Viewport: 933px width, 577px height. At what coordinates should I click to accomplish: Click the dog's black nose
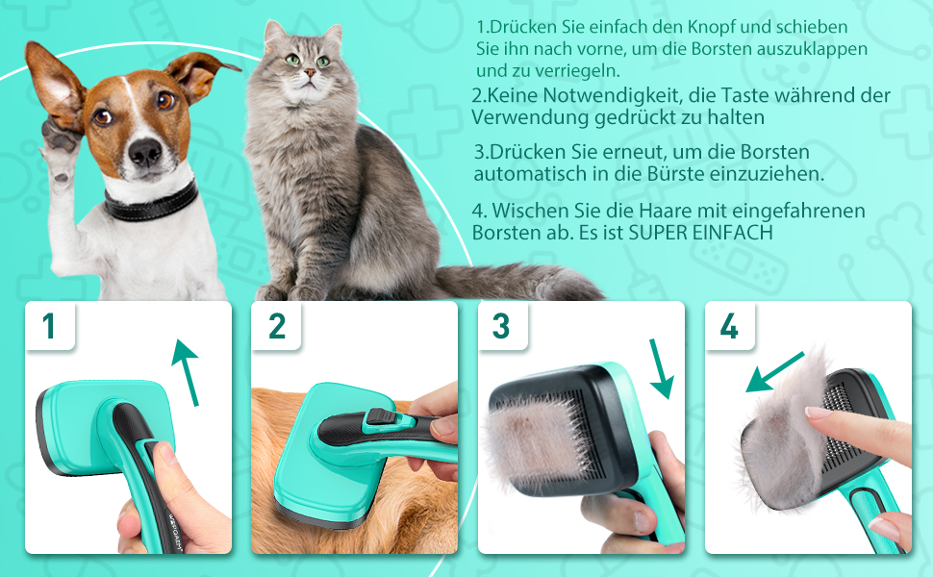tap(145, 152)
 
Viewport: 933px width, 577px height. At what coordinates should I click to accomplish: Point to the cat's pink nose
tap(310, 73)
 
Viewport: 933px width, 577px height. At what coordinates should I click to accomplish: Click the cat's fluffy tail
tap(517, 282)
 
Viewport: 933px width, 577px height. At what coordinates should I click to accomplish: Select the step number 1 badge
tap(49, 326)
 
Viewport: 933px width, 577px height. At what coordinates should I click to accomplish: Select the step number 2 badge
tap(277, 326)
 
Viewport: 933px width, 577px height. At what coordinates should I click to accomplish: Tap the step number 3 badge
tap(503, 326)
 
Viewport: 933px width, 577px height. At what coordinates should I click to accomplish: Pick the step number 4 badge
tap(729, 326)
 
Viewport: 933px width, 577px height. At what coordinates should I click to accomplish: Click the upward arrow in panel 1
tap(186, 372)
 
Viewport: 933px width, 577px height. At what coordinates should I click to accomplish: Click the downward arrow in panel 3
tap(661, 368)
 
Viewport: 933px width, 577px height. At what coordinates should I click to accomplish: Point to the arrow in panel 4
tap(774, 372)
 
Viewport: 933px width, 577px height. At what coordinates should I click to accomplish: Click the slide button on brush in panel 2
tap(381, 416)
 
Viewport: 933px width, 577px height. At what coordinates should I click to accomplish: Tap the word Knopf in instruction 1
tap(710, 27)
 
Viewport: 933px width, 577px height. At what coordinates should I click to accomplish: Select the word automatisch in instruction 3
tap(530, 174)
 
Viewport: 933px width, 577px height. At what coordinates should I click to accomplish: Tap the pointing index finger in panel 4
tap(857, 430)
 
